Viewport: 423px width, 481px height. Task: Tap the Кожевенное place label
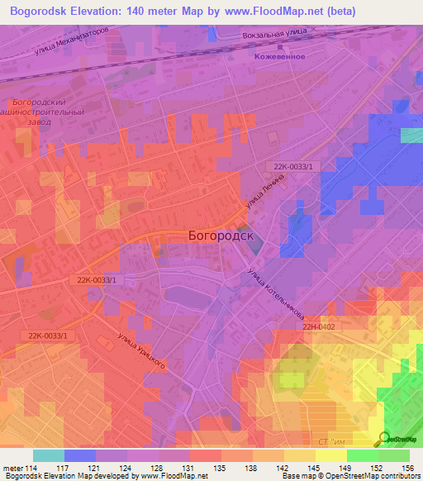(279, 56)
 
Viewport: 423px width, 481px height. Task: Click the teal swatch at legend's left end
(48, 455)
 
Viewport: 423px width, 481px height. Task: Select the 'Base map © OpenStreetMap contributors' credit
(350, 477)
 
